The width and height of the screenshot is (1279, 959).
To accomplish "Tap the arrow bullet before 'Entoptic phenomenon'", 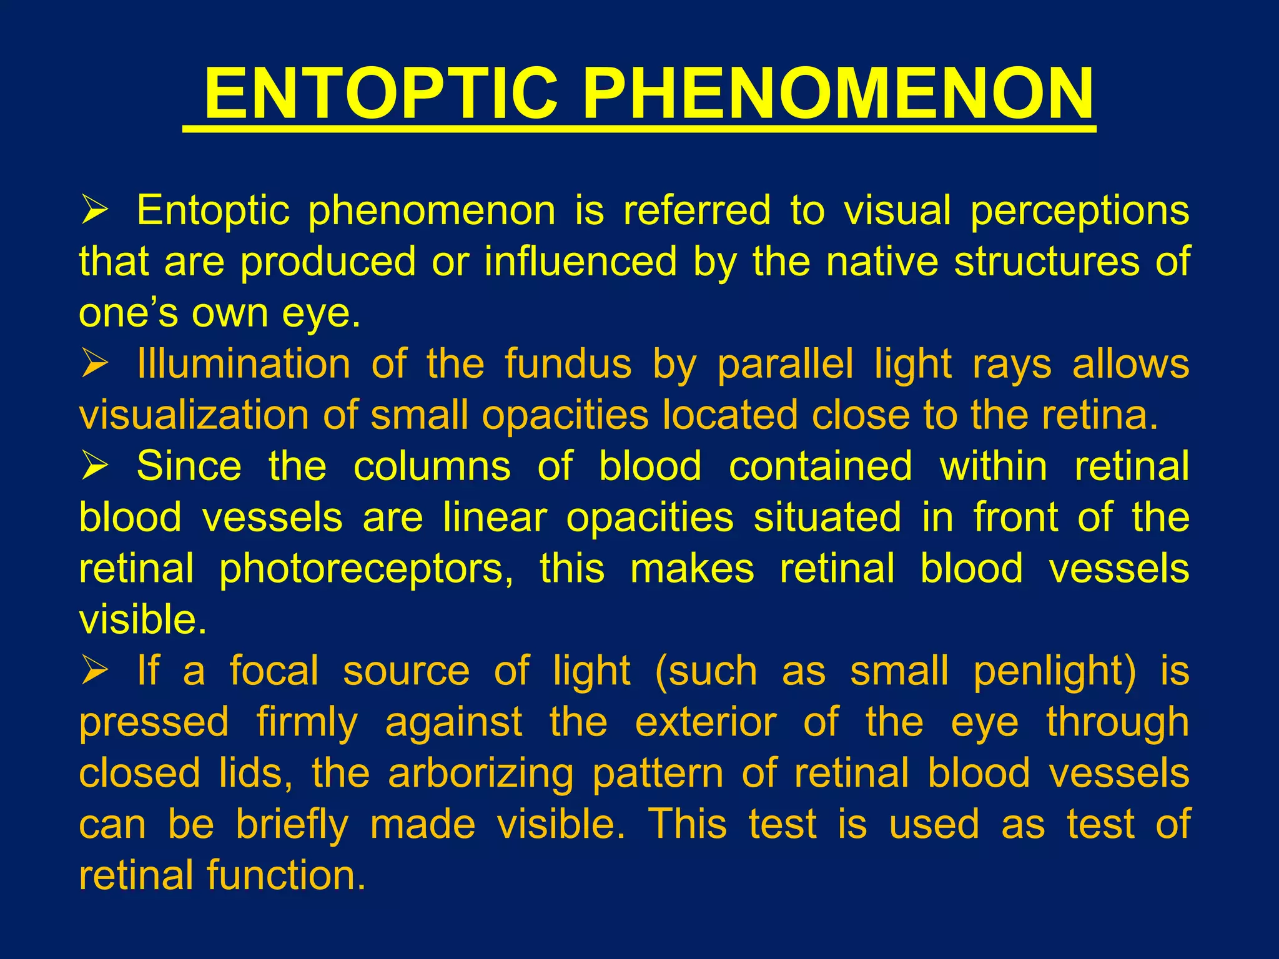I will (95, 210).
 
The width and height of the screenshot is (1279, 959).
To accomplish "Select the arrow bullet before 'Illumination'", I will (95, 364).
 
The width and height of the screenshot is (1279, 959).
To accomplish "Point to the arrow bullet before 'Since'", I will (95, 466).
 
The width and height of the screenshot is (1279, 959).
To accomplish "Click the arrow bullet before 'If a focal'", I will (95, 671).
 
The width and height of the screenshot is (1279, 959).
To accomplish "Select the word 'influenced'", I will (581, 261).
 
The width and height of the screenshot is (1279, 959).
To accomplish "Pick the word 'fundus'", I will (568, 364).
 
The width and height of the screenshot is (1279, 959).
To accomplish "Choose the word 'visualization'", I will (194, 415).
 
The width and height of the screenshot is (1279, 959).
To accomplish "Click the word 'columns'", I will (432, 466).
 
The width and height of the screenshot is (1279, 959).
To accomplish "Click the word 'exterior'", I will (706, 722).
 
